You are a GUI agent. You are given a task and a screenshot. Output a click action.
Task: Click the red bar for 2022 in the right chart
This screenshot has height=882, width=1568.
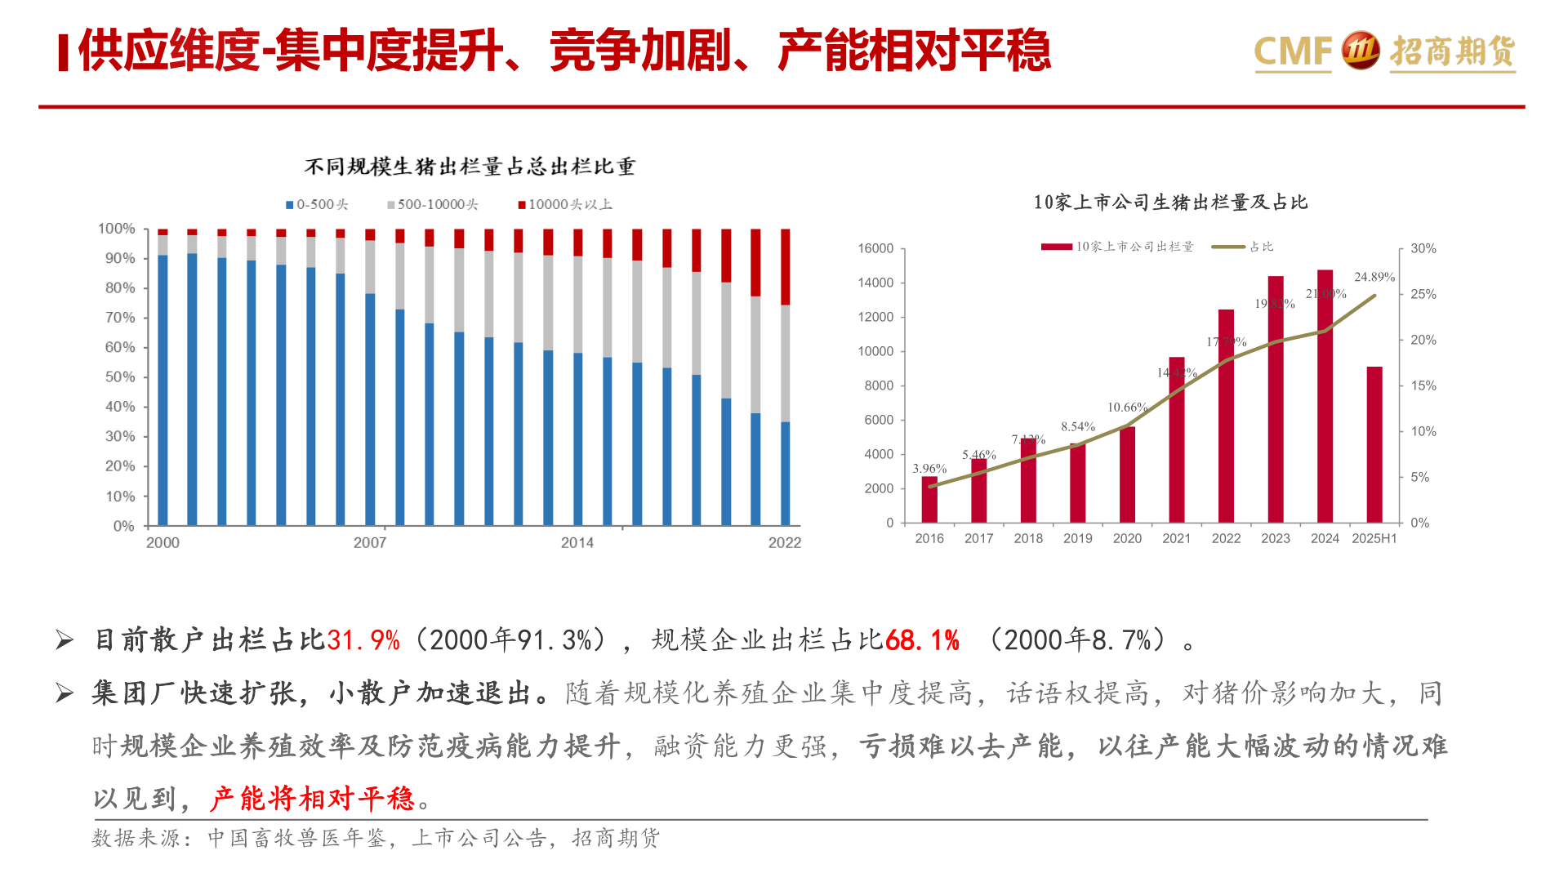(1226, 416)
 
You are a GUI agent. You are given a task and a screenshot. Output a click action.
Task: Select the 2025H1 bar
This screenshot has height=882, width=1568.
(1374, 445)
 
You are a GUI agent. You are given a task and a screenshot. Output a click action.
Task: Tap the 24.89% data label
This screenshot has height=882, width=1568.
(1374, 278)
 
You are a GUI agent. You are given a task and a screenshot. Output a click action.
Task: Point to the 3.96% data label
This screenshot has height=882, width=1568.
(929, 469)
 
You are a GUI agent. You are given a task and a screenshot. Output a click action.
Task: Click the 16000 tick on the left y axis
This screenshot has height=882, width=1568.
(875, 248)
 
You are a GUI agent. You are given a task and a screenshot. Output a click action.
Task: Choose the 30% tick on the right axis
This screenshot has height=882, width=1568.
(1423, 248)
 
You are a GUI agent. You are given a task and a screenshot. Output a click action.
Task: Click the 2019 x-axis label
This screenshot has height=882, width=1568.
(1077, 539)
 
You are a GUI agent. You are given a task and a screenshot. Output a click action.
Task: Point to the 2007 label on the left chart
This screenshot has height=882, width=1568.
(369, 543)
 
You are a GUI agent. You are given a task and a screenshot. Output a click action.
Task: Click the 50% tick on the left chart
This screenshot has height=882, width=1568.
(120, 377)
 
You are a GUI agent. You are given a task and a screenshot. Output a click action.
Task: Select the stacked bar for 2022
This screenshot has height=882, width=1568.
(785, 377)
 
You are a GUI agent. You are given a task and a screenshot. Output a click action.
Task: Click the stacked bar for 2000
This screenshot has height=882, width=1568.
(163, 377)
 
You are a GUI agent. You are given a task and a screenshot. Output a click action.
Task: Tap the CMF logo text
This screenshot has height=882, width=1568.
(1292, 51)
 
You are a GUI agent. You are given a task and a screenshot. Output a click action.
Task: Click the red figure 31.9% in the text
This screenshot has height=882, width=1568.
(363, 640)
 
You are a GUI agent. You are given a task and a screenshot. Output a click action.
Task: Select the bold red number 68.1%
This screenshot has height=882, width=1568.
(922, 640)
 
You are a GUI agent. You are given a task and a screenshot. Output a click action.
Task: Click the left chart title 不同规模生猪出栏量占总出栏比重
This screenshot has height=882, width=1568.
(470, 167)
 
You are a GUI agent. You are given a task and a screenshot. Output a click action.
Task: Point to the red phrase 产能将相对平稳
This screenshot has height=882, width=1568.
(312, 798)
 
